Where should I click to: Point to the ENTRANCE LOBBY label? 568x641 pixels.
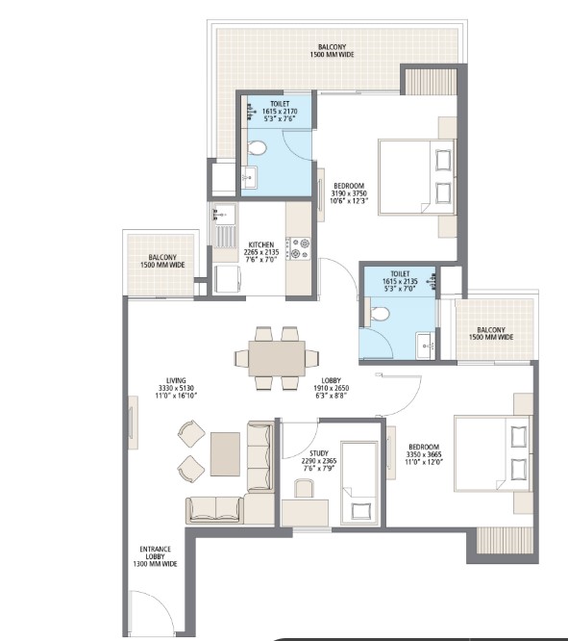pos(156,556)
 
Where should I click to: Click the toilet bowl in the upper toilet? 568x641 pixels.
pos(256,147)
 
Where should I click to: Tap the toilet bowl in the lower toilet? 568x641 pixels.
pos(379,313)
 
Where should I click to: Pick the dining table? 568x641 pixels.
pos(277,358)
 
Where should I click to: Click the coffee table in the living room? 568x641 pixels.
pos(225,452)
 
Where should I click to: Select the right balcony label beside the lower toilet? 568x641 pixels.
pos(491,334)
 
